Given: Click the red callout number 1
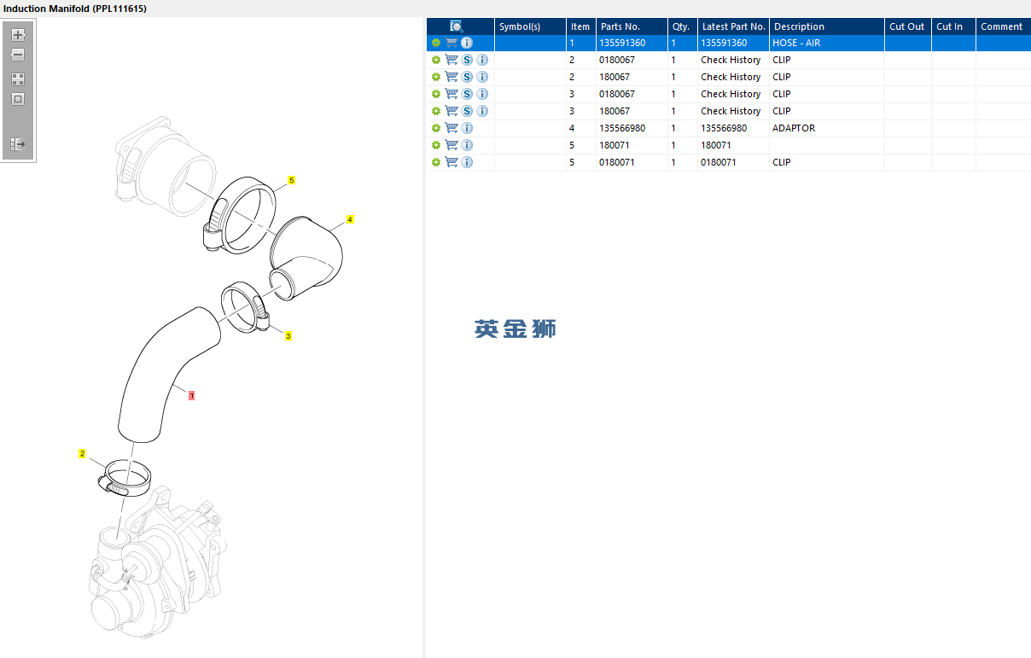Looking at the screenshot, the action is (x=191, y=396).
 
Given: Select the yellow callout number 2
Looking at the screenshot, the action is (x=82, y=454).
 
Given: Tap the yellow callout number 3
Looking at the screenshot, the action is (x=288, y=336).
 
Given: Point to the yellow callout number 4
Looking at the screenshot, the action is (x=350, y=219).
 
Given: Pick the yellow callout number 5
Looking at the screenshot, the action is (x=291, y=180).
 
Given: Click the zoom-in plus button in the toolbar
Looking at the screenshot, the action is (x=18, y=35).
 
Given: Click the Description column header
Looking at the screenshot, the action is (x=799, y=26).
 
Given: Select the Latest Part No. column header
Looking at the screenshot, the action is (x=734, y=26).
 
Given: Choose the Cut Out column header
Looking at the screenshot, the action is (x=906, y=26).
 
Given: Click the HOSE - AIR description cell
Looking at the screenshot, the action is (x=796, y=43).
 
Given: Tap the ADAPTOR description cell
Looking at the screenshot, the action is (x=794, y=128).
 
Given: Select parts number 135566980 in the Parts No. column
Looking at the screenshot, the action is (x=622, y=128).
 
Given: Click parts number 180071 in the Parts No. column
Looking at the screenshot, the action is (x=614, y=145).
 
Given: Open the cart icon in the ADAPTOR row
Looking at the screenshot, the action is (x=451, y=128).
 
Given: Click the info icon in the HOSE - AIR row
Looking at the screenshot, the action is (x=467, y=43).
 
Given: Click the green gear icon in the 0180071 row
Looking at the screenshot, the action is (x=436, y=162).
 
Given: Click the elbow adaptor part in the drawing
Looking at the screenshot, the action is (x=306, y=258).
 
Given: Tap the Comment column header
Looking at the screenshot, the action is (x=1001, y=26).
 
